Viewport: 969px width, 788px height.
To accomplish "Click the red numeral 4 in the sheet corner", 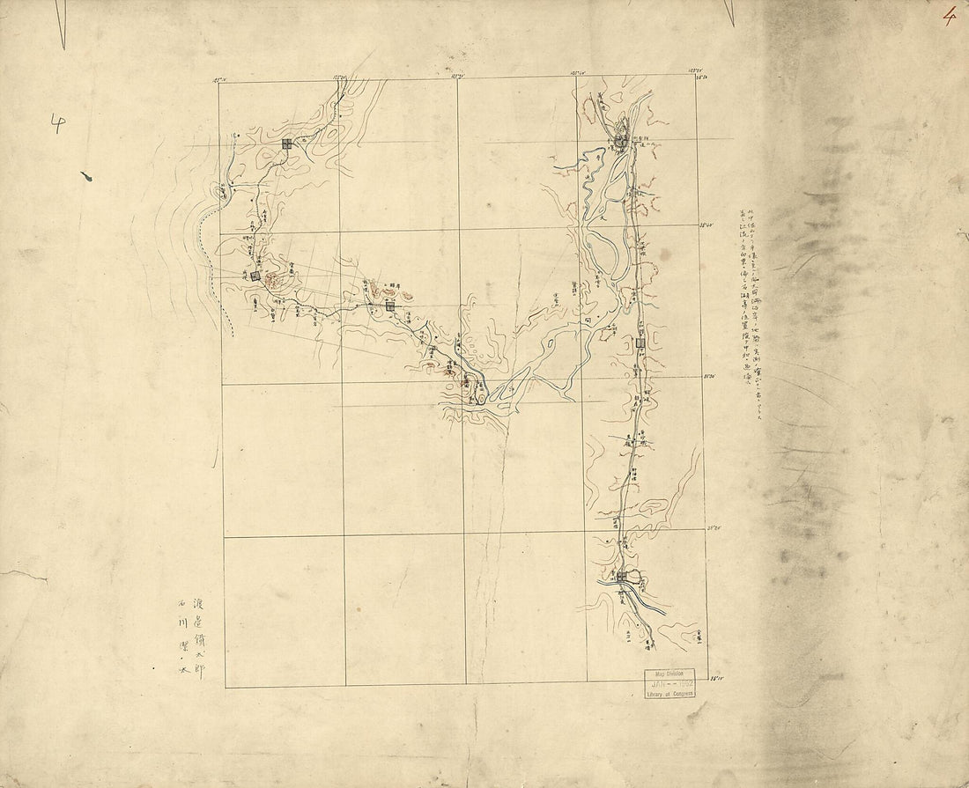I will tap(948, 16).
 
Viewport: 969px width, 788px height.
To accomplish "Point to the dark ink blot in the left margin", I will tap(85, 179).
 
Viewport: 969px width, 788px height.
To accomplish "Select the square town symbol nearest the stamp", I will tap(623, 577).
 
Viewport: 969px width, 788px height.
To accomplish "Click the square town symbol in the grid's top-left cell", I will tap(286, 144).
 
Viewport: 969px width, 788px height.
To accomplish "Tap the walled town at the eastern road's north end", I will tap(622, 139).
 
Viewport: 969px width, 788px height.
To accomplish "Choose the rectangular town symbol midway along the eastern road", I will tap(640, 342).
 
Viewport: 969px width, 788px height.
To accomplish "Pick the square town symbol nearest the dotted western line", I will tap(255, 276).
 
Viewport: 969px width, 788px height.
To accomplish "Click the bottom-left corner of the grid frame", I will tap(226, 687).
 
